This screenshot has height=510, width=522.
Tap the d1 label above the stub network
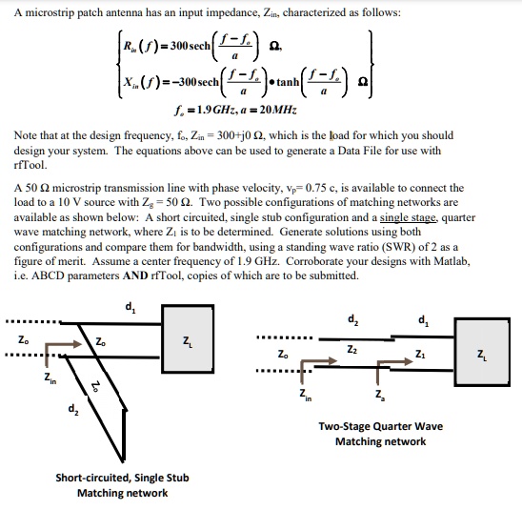tap(130, 307)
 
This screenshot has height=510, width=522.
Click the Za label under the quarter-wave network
tap(380, 396)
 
